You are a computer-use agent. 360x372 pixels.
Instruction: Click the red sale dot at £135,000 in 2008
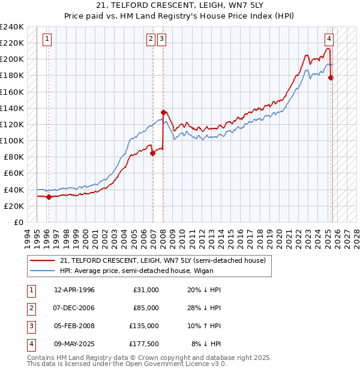tap(163, 112)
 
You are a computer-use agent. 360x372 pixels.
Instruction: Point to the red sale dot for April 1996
tap(49, 197)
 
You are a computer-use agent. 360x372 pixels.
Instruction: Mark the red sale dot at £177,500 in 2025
tap(331, 77)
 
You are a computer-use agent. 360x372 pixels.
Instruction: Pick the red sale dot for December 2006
tap(152, 152)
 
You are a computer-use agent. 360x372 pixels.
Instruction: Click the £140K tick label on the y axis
tap(11, 108)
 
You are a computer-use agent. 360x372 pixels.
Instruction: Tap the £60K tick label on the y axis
tap(14, 173)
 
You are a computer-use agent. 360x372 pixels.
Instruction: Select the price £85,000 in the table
tap(144, 308)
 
